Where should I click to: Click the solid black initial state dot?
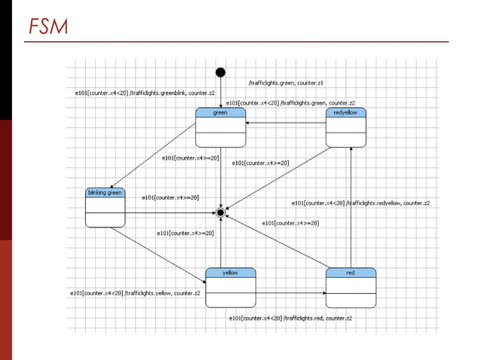coord(220,72)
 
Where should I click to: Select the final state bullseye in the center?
coord(220,213)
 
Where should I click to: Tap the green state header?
coord(220,113)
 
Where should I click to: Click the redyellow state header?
coord(345,113)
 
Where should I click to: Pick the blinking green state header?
coord(105,193)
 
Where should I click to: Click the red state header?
coord(351,273)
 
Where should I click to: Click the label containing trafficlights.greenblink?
coord(145,93)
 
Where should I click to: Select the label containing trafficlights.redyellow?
coord(360,203)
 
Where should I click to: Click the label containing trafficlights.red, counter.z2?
coord(290,319)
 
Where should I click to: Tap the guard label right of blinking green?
coord(170,197)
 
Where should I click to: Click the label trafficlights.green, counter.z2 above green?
coord(290,103)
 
